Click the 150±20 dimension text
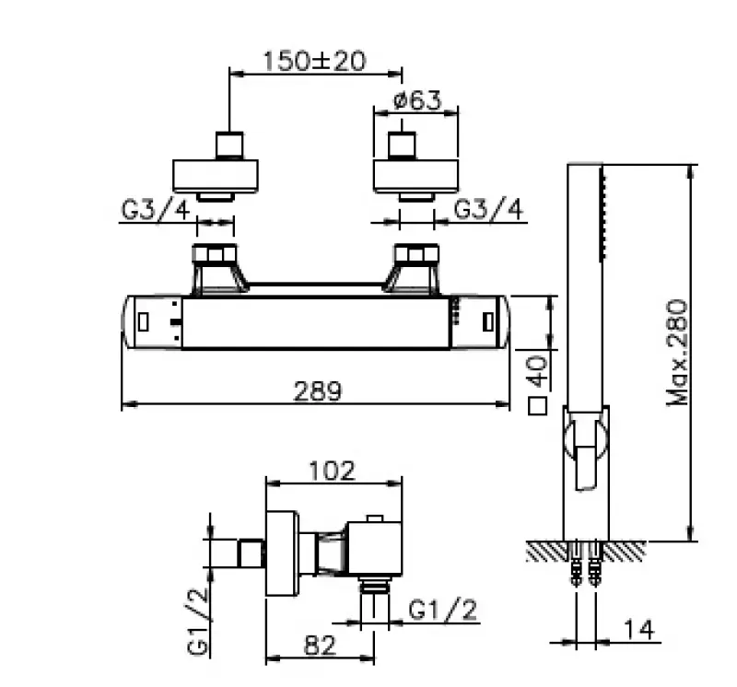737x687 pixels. coord(314,61)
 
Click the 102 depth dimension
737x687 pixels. coord(332,471)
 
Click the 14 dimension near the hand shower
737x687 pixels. coord(638,630)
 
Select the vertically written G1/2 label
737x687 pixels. coord(198,622)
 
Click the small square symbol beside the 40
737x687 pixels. coord(538,406)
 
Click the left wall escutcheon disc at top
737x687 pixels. coord(216,175)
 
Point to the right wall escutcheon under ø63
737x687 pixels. coord(415,175)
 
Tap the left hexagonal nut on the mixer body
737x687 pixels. coord(215,253)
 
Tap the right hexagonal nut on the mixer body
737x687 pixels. coord(415,253)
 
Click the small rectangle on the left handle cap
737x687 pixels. coord(144,321)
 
